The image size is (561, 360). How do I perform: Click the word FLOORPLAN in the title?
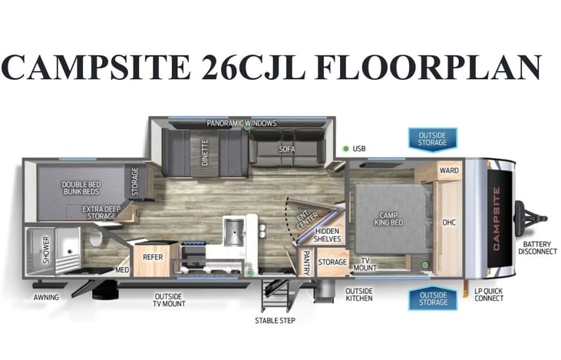click(x=428, y=68)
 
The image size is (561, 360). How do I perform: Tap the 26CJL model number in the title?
click(x=253, y=68)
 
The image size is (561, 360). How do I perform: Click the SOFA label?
click(x=287, y=149)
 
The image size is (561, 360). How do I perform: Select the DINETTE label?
click(x=205, y=153)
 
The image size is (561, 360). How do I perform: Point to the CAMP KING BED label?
click(x=388, y=219)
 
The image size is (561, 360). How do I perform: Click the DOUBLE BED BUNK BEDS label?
click(x=81, y=188)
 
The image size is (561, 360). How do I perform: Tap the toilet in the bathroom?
click(x=96, y=238)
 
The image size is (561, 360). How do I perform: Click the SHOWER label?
click(x=46, y=249)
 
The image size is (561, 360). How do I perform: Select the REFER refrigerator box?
click(x=153, y=259)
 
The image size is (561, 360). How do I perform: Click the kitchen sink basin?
click(x=233, y=233)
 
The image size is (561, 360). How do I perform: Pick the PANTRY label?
click(x=306, y=263)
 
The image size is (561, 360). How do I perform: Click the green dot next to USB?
click(x=346, y=148)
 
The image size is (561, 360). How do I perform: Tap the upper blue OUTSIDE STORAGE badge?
click(x=432, y=139)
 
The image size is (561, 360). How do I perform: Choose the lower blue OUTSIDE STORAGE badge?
click(x=433, y=299)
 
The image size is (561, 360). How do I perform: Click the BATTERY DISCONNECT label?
click(x=537, y=248)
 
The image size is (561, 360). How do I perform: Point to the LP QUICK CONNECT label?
click(x=489, y=295)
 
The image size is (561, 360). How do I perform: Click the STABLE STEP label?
click(x=275, y=320)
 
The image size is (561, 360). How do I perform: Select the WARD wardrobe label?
click(x=449, y=170)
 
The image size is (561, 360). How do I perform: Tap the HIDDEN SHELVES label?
click(x=327, y=235)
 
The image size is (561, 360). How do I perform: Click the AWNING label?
click(x=46, y=297)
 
